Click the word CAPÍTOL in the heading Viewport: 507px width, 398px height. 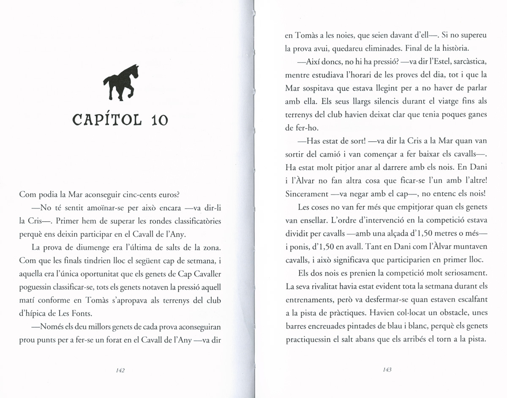[x=108, y=120]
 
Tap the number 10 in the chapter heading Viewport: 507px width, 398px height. [x=159, y=120]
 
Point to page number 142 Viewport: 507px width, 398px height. [x=120, y=370]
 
